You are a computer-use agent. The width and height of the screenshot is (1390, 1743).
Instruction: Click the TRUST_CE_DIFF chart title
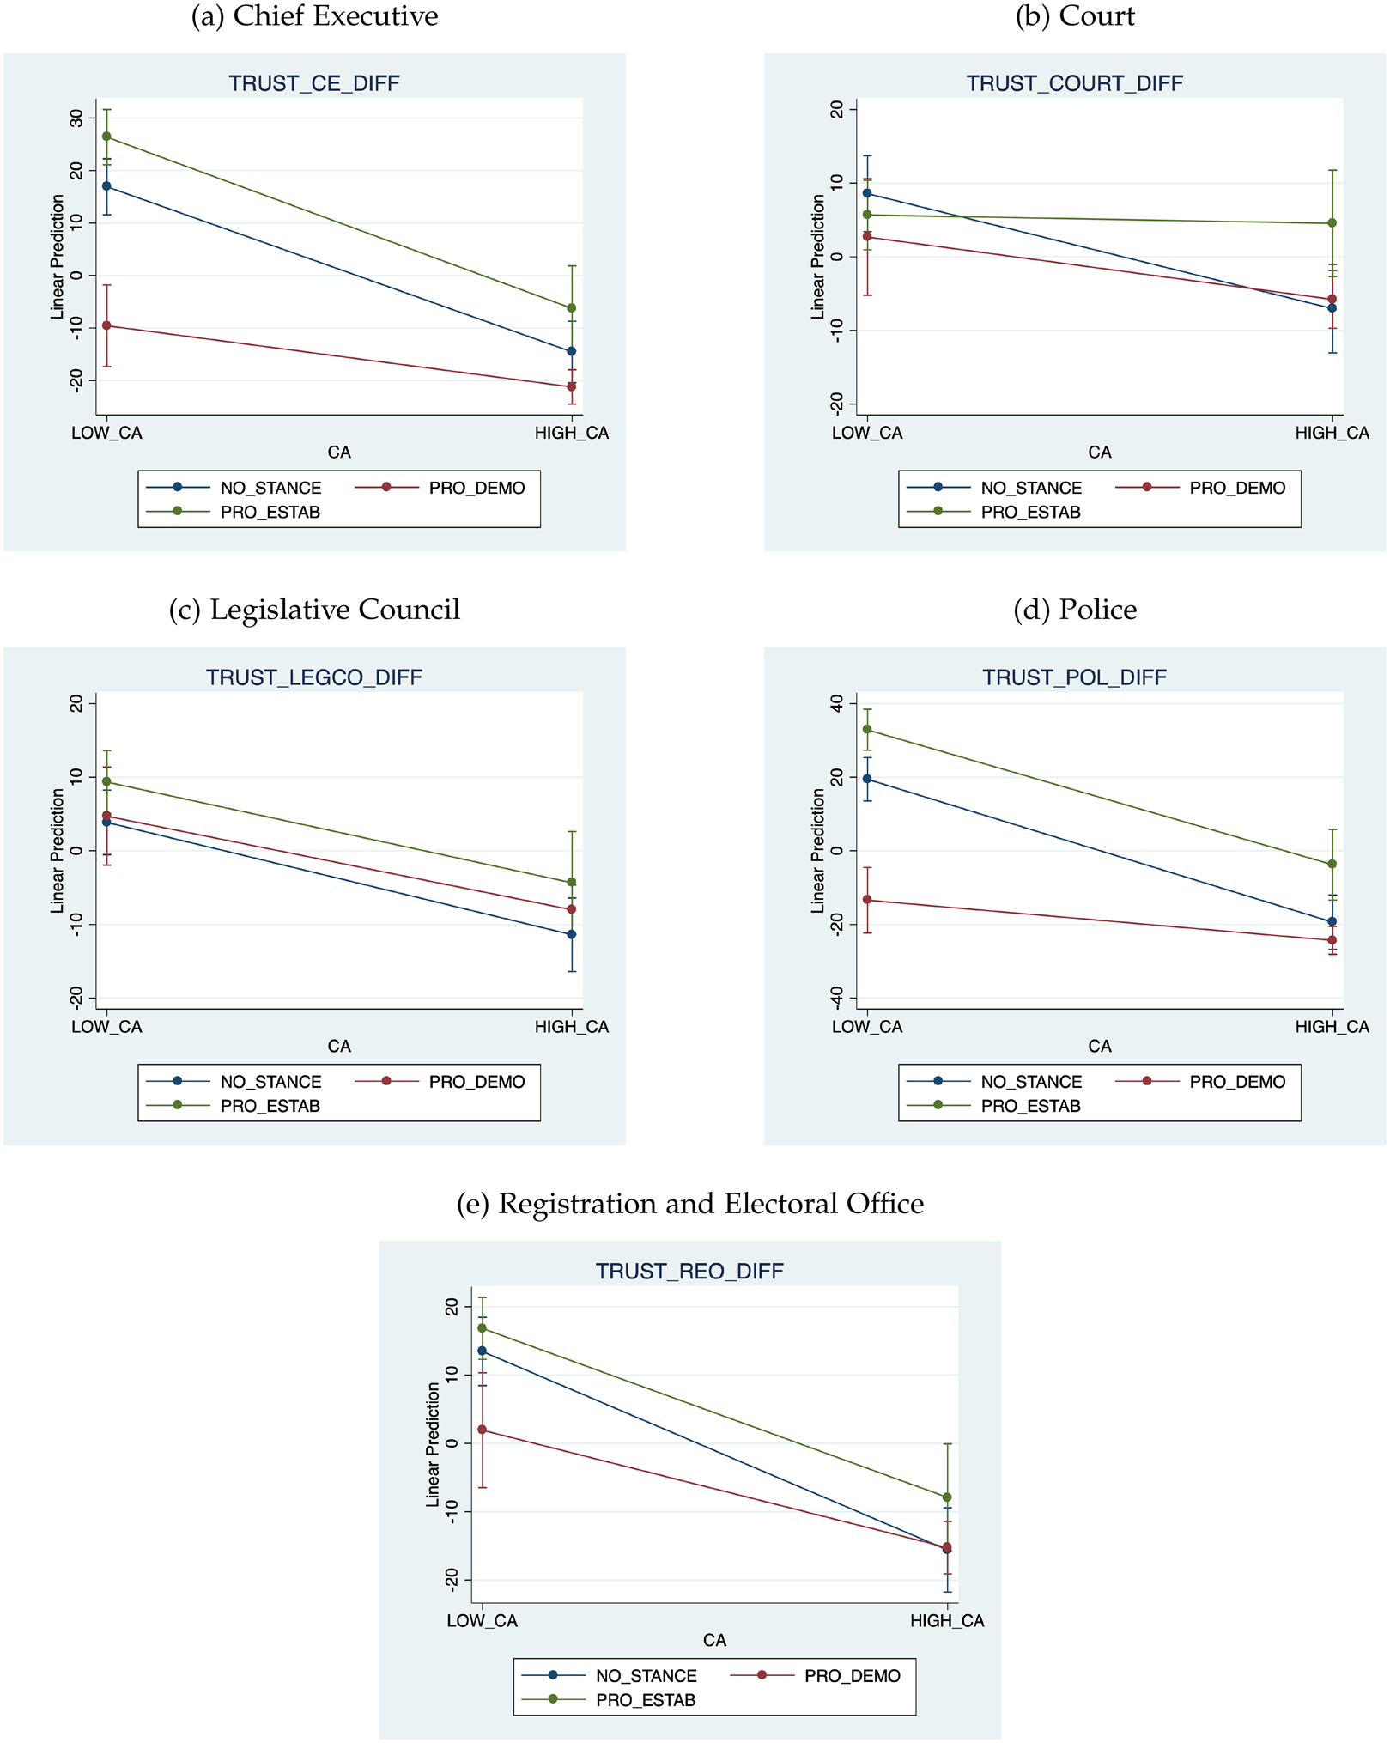click(x=313, y=83)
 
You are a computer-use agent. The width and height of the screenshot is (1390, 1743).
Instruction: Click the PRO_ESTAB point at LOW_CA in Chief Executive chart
click(x=106, y=137)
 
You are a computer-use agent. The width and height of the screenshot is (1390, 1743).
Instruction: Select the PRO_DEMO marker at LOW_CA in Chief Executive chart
click(x=106, y=325)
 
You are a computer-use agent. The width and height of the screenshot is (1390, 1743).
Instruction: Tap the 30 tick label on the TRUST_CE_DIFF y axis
click(x=77, y=118)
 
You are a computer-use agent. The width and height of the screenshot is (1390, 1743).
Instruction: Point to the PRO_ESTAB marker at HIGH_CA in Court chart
click(x=1332, y=223)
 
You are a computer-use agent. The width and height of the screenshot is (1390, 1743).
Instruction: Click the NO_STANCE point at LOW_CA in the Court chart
click(x=867, y=193)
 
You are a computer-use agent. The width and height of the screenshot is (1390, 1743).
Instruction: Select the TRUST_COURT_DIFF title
click(x=1074, y=83)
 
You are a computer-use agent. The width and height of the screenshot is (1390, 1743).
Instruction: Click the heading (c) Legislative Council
click(x=314, y=610)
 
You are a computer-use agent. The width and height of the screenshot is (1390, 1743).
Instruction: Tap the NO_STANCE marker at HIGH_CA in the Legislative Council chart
click(x=571, y=934)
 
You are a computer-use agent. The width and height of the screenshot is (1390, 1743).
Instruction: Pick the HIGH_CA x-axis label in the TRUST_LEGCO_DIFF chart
click(x=571, y=1027)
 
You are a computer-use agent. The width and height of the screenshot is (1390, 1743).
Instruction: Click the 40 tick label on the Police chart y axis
click(x=838, y=703)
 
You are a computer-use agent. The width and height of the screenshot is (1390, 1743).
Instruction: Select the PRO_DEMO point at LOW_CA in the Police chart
click(x=867, y=900)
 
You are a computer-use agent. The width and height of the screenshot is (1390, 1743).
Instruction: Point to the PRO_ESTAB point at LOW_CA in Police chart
click(x=867, y=729)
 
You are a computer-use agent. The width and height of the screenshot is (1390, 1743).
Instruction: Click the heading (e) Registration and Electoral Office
click(x=690, y=1204)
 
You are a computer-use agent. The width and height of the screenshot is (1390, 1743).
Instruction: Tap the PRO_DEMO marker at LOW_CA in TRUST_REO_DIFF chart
click(x=482, y=1430)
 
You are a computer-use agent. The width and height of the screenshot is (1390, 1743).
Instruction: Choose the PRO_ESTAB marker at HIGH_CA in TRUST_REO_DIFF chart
click(x=947, y=1497)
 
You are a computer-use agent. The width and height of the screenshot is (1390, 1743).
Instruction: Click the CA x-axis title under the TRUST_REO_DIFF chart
click(x=714, y=1640)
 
